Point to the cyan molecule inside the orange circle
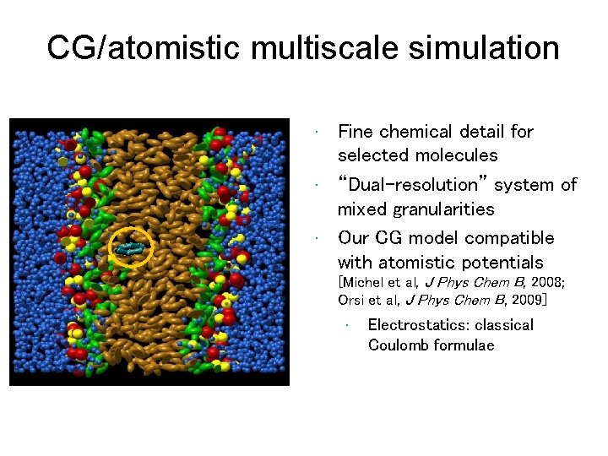tap(131, 248)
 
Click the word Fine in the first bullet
tap(356, 132)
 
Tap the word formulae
tap(464, 345)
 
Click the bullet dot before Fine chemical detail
tap(314, 132)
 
